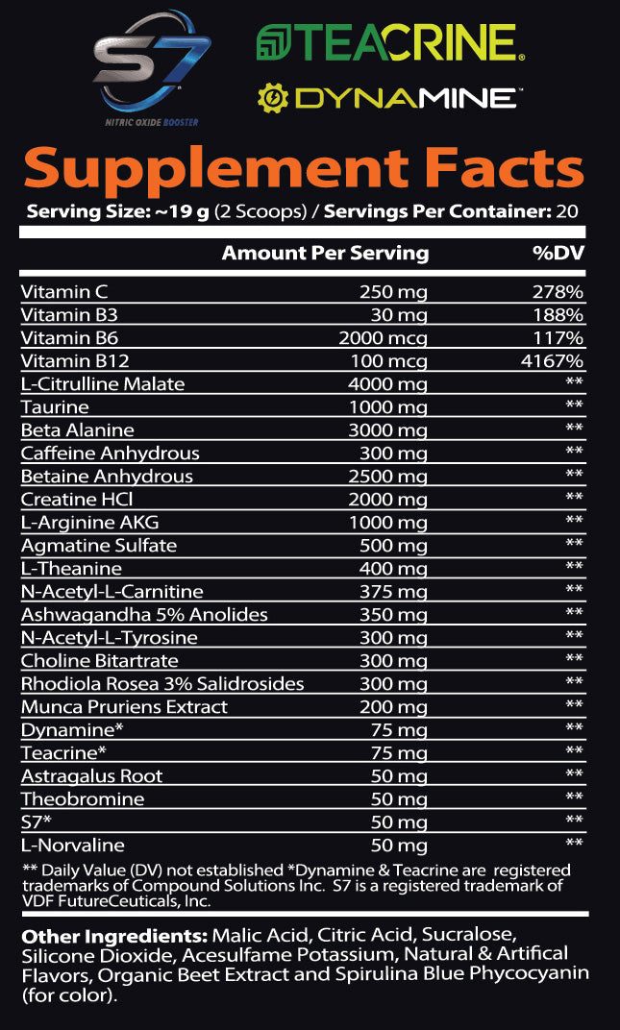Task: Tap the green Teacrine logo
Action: tap(389, 43)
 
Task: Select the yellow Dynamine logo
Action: tap(389, 97)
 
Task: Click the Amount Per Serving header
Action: tap(325, 253)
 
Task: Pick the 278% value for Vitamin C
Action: tap(558, 292)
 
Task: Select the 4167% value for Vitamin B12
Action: tap(553, 361)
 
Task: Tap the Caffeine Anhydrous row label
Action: tap(111, 454)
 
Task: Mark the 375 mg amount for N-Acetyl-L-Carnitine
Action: tap(398, 592)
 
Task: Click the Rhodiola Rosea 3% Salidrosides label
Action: tap(162, 684)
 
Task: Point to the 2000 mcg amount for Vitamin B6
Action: tap(384, 338)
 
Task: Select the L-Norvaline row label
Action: tap(73, 846)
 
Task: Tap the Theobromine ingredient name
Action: tap(83, 799)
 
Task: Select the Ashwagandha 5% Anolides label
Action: tap(144, 615)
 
